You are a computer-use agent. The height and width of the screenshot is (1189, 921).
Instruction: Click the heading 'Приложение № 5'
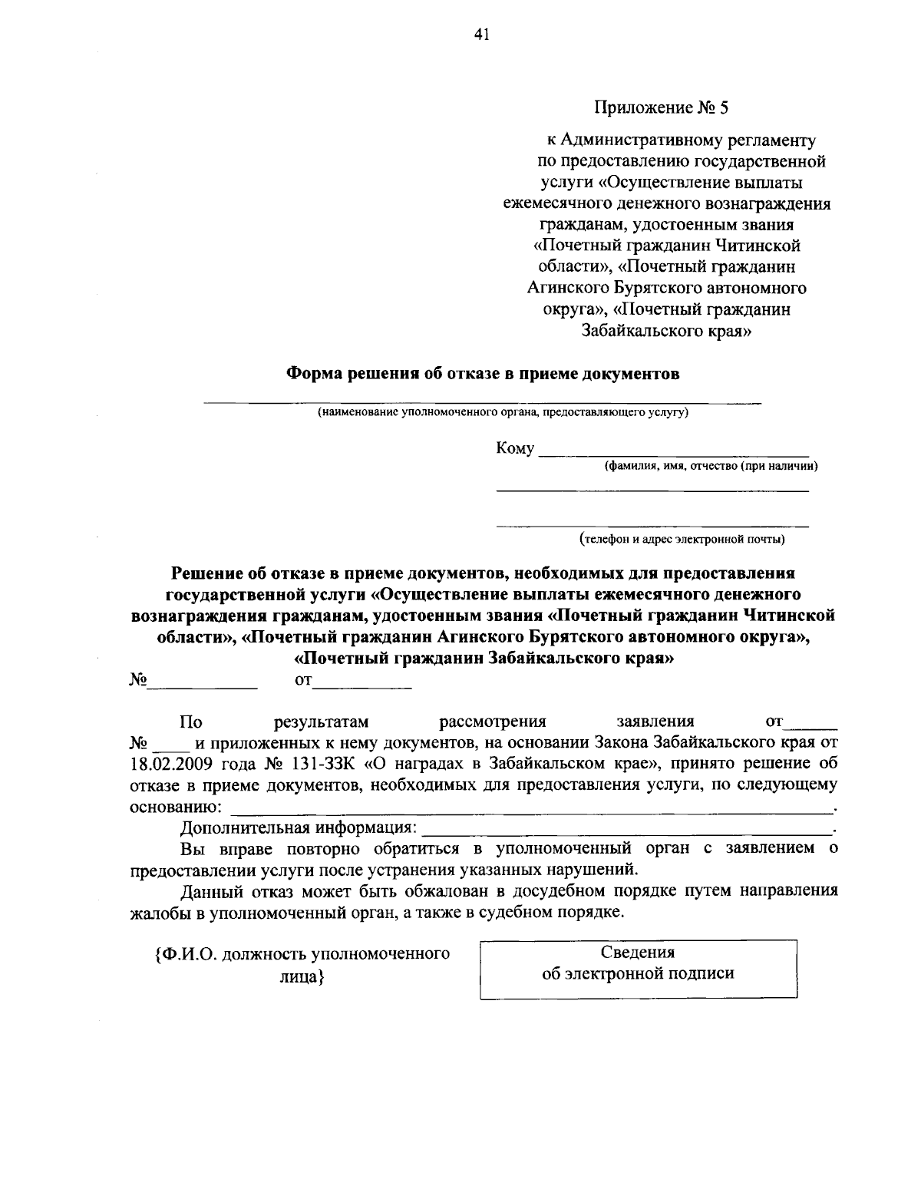coord(661,107)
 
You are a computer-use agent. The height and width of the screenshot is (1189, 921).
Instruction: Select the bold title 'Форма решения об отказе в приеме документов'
coord(483,374)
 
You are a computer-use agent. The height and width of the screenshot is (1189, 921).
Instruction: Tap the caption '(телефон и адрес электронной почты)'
coord(682,539)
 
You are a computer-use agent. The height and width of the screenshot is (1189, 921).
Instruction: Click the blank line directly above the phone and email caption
coord(652,526)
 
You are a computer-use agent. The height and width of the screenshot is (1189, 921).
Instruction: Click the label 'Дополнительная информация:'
coord(299,828)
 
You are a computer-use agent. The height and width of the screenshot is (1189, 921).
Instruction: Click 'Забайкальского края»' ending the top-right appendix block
coord(665,331)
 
